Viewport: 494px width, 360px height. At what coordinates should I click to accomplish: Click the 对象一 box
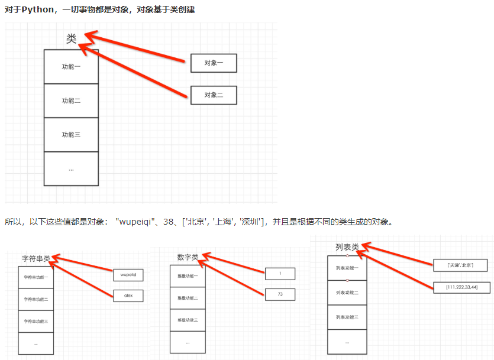coord(214,63)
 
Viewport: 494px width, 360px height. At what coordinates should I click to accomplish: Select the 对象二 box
coord(214,95)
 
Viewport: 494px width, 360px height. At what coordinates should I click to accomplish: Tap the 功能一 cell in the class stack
coord(71,67)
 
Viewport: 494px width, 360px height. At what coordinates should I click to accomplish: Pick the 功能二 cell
coord(71,101)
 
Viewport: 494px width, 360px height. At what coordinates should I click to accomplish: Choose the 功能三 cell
coord(71,135)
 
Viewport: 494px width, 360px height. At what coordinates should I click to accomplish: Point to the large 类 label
coord(72,38)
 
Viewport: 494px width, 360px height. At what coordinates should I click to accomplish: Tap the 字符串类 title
coord(36,259)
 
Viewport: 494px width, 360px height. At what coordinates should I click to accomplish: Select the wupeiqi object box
coord(128,275)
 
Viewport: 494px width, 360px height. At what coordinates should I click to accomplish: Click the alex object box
coord(128,295)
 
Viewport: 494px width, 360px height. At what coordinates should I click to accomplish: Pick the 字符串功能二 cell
coord(36,299)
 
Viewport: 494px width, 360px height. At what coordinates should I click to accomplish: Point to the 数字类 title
coord(188,257)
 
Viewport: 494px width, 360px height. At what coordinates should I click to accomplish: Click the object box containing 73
coord(279,294)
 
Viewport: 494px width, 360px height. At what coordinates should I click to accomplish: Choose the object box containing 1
coord(279,274)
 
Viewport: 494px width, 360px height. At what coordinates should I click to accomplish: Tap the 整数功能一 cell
coord(188,276)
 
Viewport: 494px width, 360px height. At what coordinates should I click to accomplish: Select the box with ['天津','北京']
coord(453,265)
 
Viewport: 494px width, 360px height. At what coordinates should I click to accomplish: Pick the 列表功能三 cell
coord(347,317)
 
